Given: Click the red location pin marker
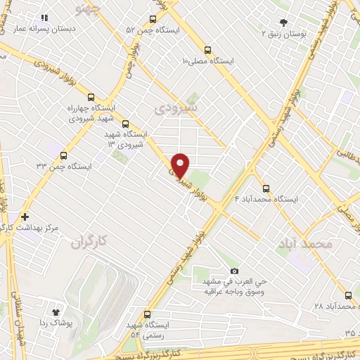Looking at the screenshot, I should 180,165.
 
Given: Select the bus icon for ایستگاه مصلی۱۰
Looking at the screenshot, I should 207,50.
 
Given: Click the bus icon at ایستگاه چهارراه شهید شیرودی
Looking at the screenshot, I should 90,98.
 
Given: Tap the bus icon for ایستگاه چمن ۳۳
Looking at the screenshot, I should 64,155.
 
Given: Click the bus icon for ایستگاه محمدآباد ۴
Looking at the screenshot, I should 266,188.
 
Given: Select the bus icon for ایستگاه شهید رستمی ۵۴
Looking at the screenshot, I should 147,314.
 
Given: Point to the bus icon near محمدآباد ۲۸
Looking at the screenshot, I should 347,296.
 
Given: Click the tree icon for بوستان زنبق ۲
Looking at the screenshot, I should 283,22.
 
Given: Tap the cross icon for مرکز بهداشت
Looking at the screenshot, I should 25,217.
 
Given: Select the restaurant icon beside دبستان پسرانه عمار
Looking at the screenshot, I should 44,18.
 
